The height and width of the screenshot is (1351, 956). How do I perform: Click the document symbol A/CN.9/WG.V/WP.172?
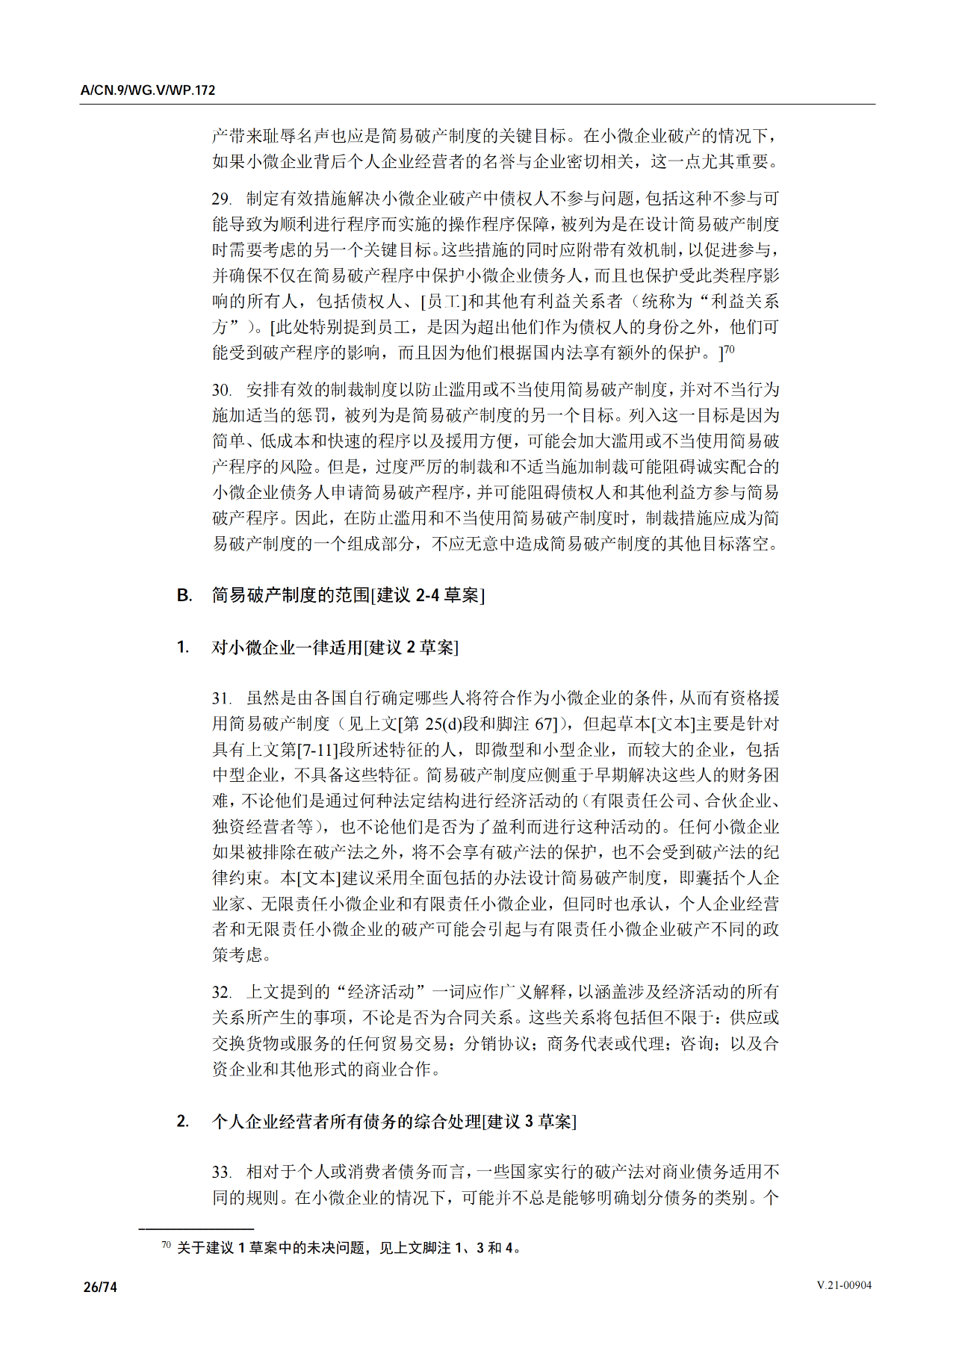(148, 90)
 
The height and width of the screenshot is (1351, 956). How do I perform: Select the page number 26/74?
(100, 1287)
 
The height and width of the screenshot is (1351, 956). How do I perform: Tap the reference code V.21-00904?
(844, 1285)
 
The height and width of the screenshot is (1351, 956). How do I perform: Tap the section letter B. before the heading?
(184, 595)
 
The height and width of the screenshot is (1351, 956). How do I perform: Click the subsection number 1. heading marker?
(183, 647)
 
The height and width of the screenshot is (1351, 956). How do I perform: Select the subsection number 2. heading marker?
(183, 1121)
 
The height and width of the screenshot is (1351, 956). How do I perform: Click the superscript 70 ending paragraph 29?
(730, 349)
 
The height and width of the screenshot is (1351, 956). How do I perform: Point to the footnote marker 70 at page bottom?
(166, 1245)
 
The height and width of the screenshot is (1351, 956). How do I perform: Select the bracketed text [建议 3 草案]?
(530, 1121)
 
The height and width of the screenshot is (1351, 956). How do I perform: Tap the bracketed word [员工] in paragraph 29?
(444, 302)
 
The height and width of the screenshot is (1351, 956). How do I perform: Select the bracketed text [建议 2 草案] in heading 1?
(411, 647)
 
